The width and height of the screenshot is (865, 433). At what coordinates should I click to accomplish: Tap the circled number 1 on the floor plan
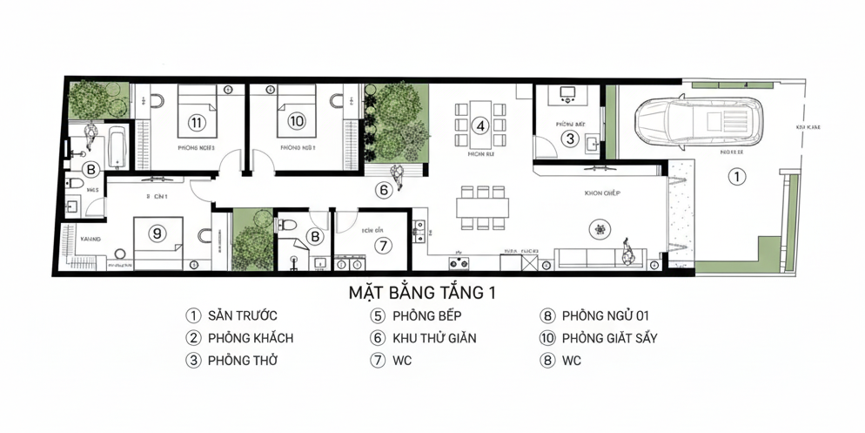point(736,178)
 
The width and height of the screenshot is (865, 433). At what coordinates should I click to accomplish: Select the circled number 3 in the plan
point(569,138)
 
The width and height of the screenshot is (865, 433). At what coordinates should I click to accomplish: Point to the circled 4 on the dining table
point(479,125)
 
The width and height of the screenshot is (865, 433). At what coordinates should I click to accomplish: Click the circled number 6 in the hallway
point(383,189)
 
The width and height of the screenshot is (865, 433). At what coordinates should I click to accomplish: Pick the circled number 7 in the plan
point(382,246)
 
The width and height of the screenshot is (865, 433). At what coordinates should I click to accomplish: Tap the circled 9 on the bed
point(157,233)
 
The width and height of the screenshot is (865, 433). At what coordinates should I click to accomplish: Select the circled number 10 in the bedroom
point(296,121)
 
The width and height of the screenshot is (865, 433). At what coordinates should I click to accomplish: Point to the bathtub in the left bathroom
point(117,148)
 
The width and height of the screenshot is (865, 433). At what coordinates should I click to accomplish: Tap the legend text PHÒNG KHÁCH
point(250,338)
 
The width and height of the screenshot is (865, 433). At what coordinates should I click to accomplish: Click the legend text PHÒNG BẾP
point(426,316)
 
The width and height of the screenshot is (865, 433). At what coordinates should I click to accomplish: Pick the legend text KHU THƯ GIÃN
point(434,338)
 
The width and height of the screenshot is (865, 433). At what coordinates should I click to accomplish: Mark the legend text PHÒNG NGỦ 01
point(605,316)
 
